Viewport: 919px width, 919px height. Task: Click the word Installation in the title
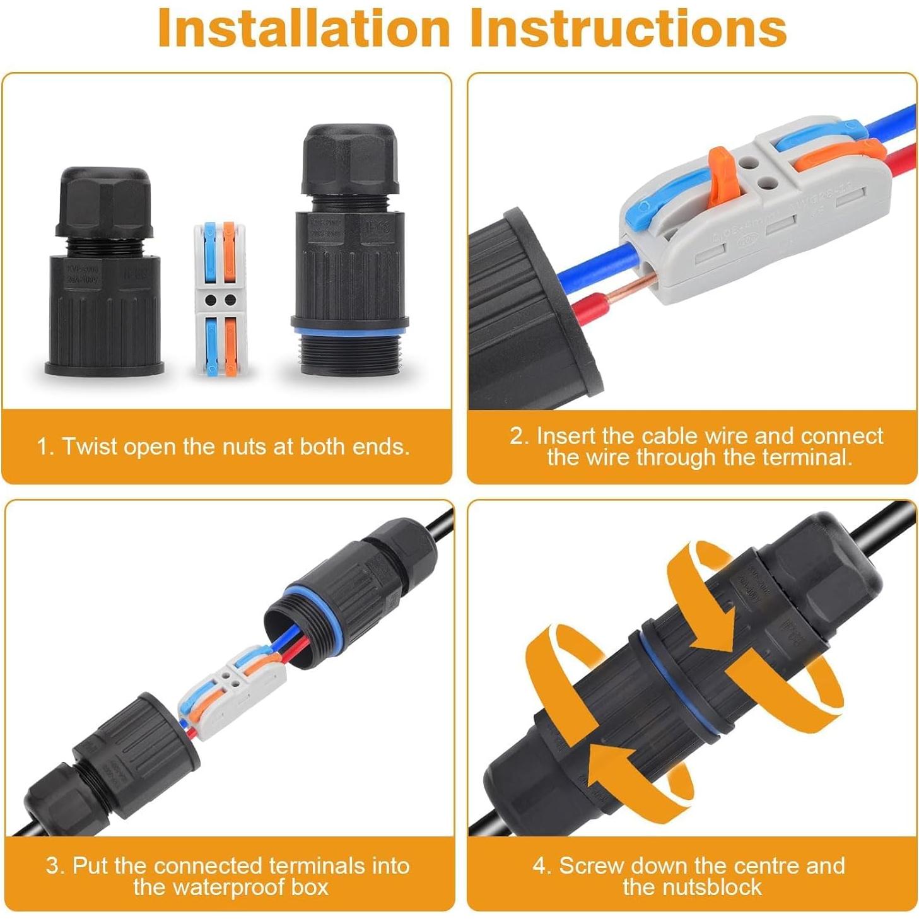[x=303, y=28]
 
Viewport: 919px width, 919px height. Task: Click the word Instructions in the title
[x=628, y=28]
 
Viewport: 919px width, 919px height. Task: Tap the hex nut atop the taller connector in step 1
[x=349, y=159]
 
